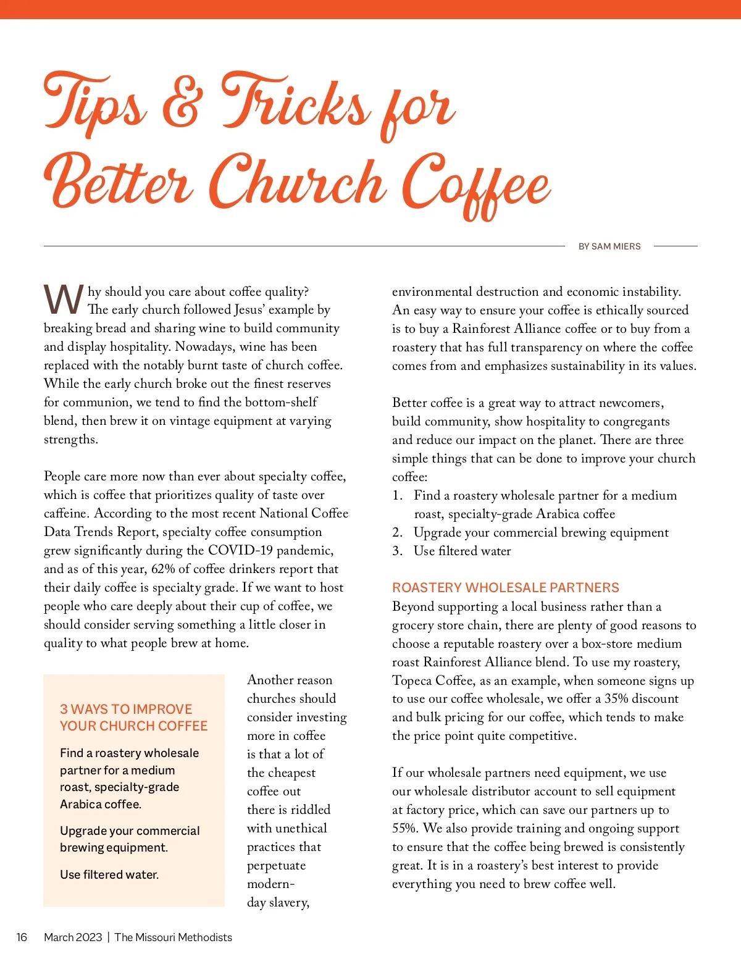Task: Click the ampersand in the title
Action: point(182,106)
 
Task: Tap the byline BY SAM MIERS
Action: point(609,246)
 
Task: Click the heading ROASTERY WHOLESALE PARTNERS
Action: point(505,587)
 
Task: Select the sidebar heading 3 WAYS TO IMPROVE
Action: point(126,709)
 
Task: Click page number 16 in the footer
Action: point(22,937)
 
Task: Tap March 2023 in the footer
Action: point(73,937)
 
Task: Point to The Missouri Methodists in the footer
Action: point(174,937)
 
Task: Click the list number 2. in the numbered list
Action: point(398,532)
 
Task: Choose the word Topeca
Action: point(412,680)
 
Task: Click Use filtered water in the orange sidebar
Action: point(109,874)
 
